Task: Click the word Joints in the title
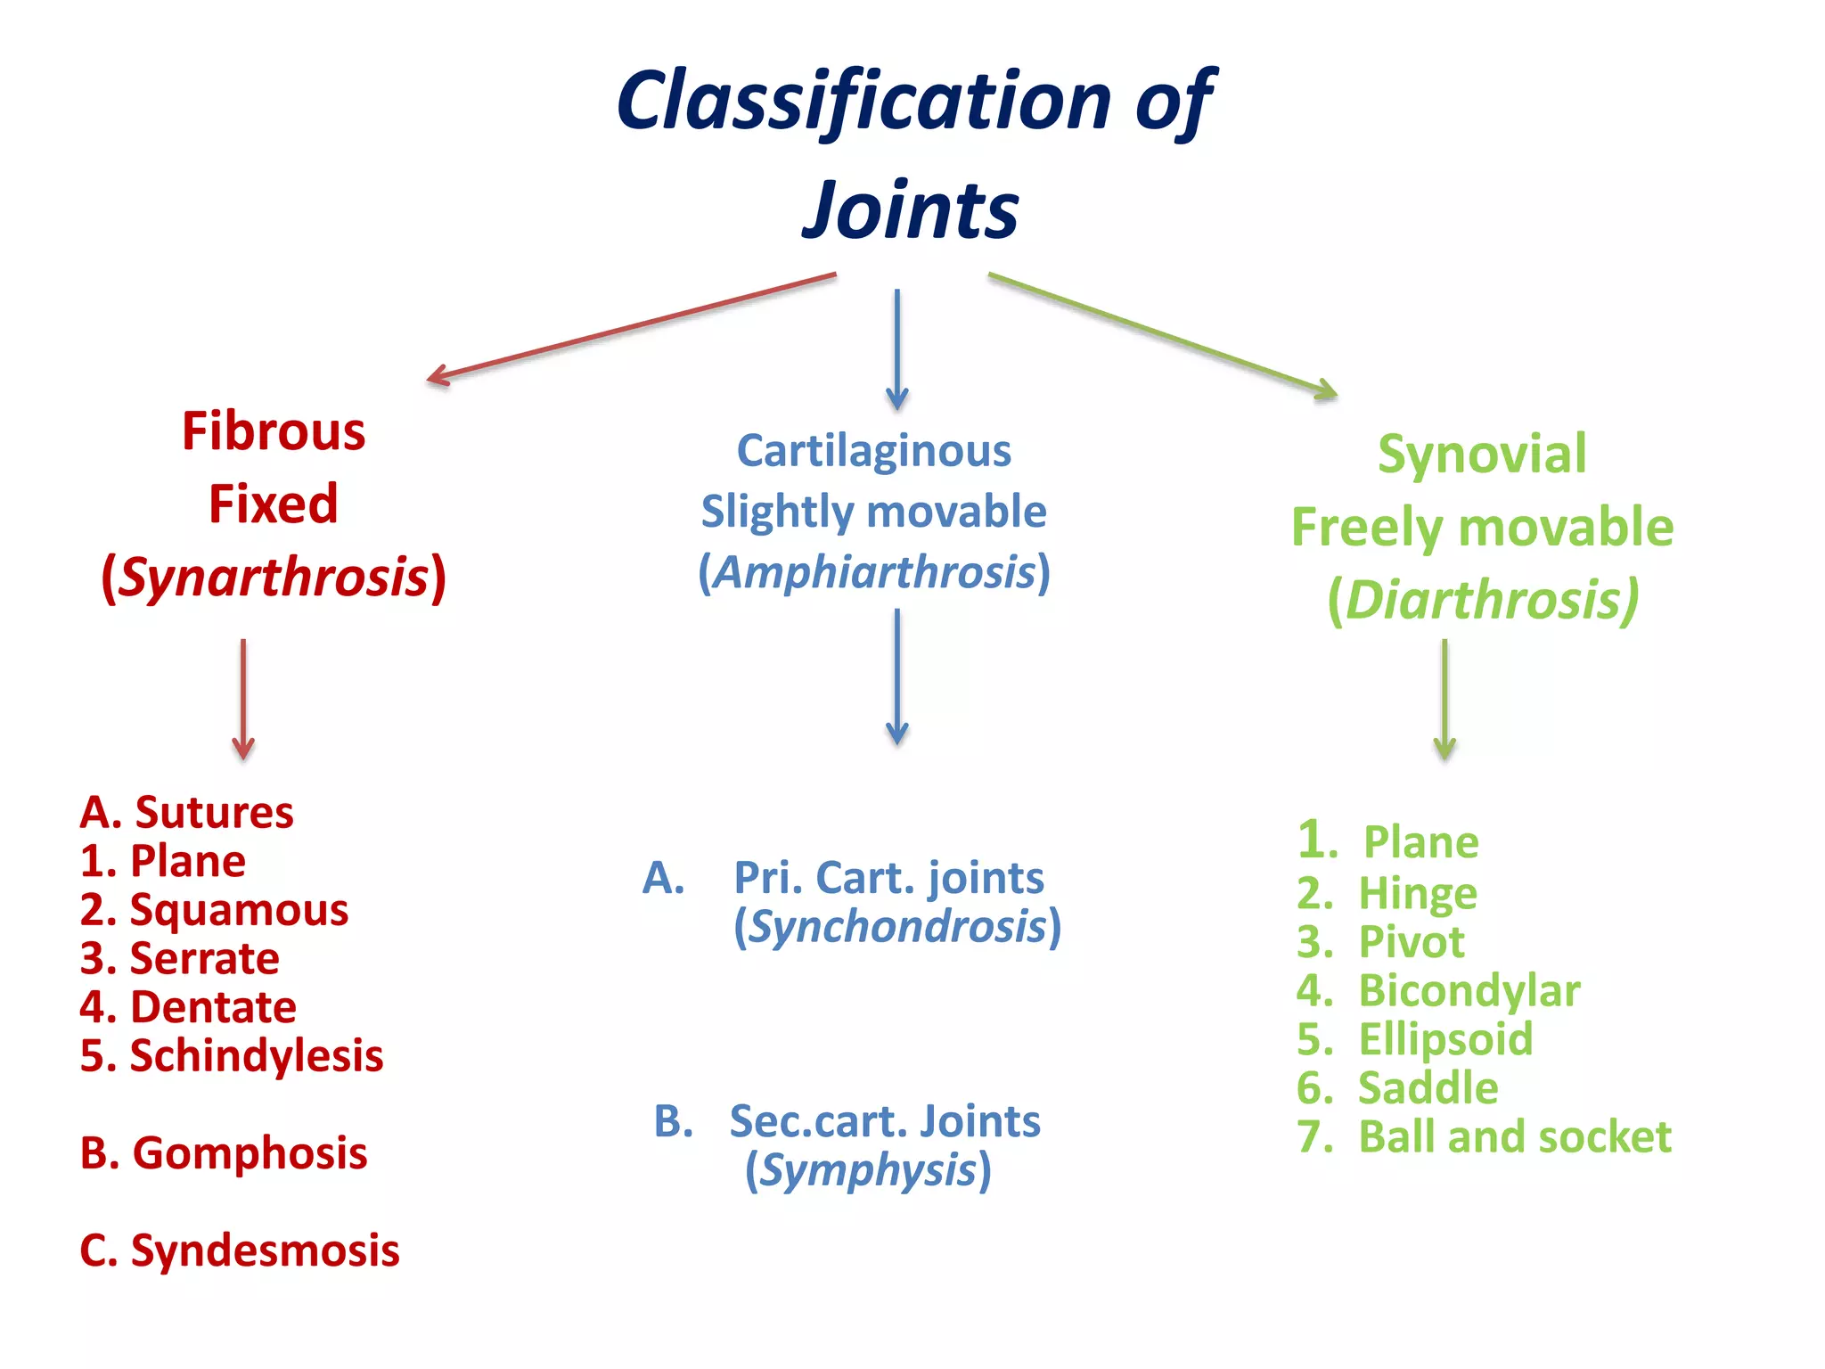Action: [x=911, y=210]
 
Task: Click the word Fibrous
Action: [x=274, y=431]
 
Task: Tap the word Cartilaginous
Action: [x=873, y=451]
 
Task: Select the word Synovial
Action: [x=1482, y=455]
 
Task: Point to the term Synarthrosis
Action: [x=274, y=577]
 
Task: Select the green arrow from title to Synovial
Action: [x=1162, y=334]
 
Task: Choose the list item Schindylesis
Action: [x=256, y=1055]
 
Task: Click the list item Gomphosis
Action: [x=250, y=1153]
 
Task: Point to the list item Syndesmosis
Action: [x=265, y=1250]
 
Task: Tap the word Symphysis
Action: [x=868, y=1170]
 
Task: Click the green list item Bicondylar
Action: [x=1469, y=990]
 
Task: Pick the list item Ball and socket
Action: [x=1514, y=1136]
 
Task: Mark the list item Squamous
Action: [x=239, y=910]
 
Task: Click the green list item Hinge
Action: [x=1417, y=893]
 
